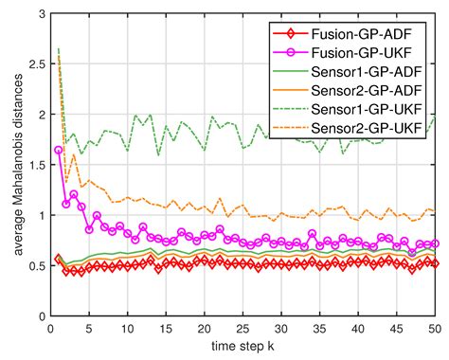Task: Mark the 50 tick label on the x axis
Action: [434, 328]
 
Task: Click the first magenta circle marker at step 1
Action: [59, 150]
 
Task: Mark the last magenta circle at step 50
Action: [435, 243]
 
